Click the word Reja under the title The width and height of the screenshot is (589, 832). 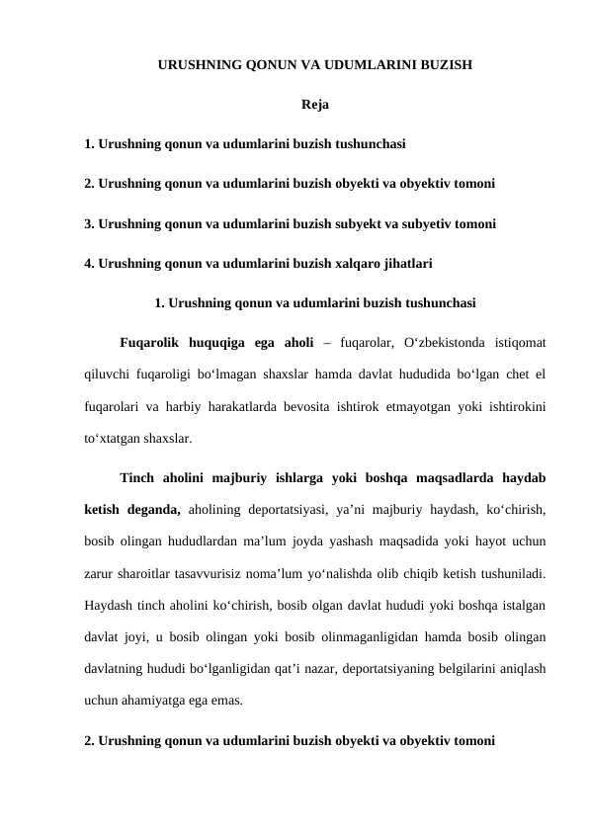[314, 104]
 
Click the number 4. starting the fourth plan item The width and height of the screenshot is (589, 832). [90, 264]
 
